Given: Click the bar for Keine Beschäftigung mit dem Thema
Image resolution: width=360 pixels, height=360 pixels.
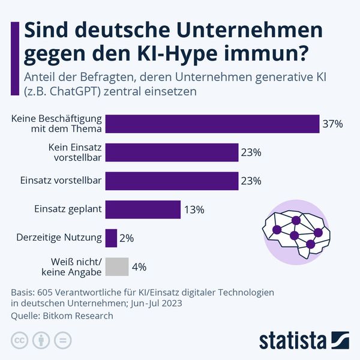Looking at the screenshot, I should point(212,124).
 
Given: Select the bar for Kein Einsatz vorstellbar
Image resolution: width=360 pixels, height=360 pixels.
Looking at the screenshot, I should point(172,152).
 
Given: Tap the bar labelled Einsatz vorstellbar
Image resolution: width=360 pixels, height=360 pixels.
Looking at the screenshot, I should point(172,181).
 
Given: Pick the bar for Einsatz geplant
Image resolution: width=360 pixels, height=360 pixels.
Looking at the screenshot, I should point(143,209).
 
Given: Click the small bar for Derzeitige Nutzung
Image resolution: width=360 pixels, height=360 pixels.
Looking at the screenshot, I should point(111,238).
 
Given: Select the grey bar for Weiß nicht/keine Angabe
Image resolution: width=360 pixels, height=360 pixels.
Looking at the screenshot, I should point(117,266).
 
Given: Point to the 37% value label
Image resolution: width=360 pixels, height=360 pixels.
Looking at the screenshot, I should point(332,124).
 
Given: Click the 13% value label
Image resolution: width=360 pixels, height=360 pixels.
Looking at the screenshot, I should point(194,210).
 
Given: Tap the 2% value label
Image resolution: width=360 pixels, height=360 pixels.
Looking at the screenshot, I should point(127,238).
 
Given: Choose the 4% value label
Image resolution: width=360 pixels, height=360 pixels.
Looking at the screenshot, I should point(139,267).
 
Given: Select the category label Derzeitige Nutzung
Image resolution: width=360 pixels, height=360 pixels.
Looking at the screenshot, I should point(58,238).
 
